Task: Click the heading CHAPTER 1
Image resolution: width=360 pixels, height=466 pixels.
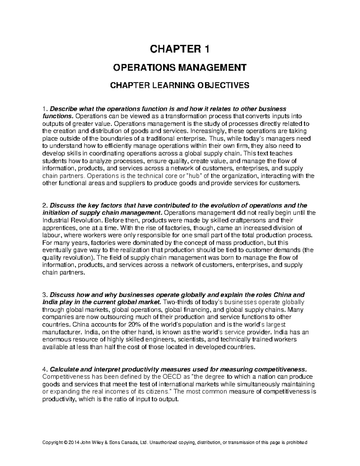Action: click(x=180, y=49)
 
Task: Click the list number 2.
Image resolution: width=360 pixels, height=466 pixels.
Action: click(x=45, y=206)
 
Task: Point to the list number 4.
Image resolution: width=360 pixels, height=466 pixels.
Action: click(x=45, y=369)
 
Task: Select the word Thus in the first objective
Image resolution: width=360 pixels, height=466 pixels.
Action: click(x=215, y=139)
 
